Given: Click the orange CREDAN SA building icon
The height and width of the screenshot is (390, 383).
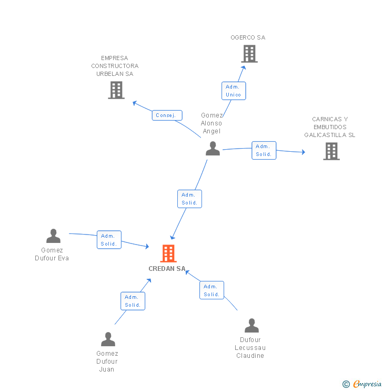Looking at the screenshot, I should coord(168,253).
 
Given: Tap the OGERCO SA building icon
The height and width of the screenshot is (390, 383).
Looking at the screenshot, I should coord(249,53).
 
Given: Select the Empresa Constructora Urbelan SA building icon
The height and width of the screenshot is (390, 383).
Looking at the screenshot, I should coord(116,90).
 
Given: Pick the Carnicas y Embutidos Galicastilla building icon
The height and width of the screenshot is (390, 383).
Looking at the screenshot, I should coord(331,151).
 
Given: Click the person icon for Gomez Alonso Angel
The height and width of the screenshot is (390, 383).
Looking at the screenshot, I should coord(213,149).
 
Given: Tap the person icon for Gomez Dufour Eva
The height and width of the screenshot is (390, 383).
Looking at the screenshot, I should coord(53,236).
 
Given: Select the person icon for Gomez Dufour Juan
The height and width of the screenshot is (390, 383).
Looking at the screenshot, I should coord(108,339).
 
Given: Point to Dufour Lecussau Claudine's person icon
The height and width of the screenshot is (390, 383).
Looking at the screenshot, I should coord(251,326).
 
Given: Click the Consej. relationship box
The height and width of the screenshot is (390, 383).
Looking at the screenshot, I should coord(167,115).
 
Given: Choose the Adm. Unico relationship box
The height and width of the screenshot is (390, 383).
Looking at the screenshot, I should coord(234,91).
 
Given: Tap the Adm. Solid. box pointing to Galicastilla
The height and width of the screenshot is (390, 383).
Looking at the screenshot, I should coord(264,150).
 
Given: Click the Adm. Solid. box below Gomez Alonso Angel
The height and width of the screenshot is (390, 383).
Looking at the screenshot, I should coord(189,199).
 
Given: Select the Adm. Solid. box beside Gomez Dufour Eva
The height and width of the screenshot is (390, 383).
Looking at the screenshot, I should coord(109,240).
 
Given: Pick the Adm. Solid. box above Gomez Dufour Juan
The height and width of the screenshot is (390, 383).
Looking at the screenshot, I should coord(133,301).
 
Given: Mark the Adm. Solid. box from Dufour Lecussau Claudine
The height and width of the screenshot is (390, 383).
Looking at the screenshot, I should coord(211,290).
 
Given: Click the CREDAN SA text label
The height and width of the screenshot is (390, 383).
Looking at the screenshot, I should coord(167,269).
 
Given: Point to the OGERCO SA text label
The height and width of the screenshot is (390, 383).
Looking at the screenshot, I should coord(248,37).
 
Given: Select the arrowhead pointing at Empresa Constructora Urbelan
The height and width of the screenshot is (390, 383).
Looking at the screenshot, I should coord(135,103).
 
